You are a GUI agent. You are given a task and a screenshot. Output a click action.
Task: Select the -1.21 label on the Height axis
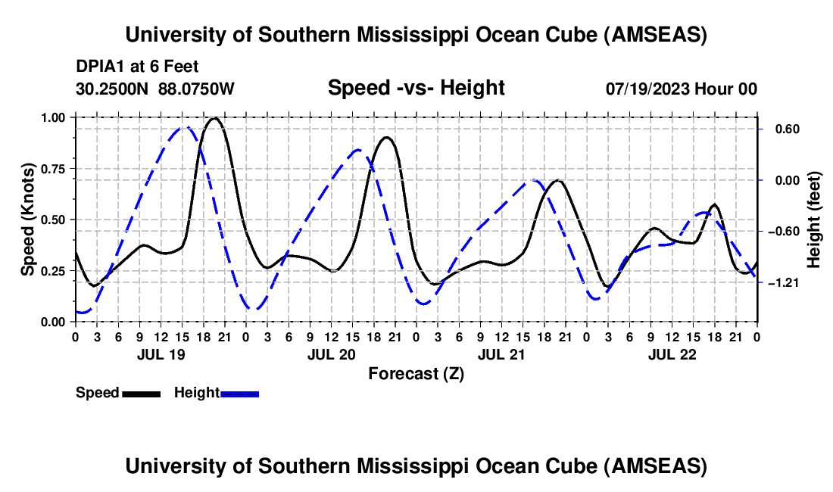click(x=780, y=282)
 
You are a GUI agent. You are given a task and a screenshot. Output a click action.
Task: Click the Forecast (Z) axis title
click(x=416, y=373)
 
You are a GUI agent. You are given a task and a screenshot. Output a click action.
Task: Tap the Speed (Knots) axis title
click(x=27, y=220)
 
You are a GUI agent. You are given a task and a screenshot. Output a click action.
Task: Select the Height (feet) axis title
click(x=814, y=220)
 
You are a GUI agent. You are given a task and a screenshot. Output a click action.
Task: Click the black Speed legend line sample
click(x=141, y=393)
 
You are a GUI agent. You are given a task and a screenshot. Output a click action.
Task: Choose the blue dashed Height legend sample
click(x=239, y=393)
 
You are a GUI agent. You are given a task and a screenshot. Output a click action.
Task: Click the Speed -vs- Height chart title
click(x=416, y=88)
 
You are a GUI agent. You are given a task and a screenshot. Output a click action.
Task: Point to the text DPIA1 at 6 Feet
click(x=137, y=67)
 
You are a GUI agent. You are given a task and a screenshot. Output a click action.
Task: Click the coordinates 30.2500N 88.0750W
click(x=155, y=89)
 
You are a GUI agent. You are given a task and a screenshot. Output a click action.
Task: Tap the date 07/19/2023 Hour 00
click(x=681, y=89)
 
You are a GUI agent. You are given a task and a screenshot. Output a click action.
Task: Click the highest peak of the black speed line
click(x=214, y=118)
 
